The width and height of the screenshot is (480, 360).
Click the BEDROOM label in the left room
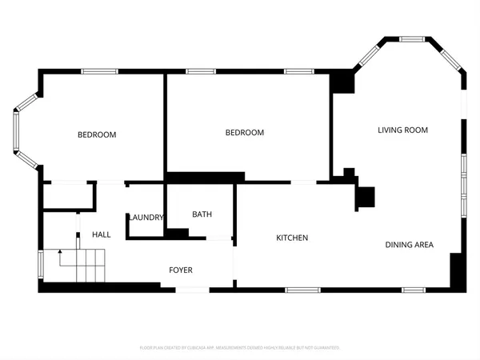point(97,134)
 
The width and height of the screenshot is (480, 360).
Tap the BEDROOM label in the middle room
point(244,133)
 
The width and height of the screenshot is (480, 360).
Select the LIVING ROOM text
point(403,130)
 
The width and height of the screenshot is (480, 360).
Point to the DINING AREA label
point(409,245)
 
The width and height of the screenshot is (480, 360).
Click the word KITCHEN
point(292,238)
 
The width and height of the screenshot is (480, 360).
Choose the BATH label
point(202,214)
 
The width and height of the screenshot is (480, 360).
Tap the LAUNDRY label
point(146,218)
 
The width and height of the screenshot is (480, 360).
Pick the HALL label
point(102,234)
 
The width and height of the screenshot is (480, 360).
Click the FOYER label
point(180,270)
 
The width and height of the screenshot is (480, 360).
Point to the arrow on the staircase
point(60,254)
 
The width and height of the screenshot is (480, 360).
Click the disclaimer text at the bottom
point(240,348)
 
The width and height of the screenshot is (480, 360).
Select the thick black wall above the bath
point(205,177)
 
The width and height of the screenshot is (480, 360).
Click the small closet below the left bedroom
point(69,197)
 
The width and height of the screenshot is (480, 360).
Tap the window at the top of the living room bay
point(412,38)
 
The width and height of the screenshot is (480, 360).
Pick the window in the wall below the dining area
point(414,289)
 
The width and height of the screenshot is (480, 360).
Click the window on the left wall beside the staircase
point(40,264)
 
